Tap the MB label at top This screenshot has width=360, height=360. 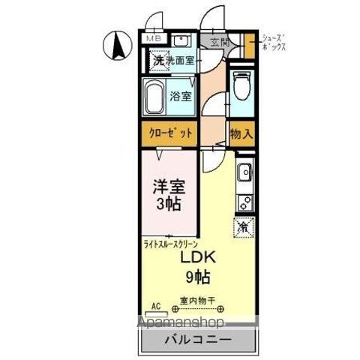[153, 38]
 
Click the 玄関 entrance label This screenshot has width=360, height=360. [219, 42]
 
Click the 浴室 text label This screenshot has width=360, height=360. [180, 96]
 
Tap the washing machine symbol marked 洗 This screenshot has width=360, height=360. [158, 61]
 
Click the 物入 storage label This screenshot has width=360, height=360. [241, 133]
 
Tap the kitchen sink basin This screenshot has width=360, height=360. [244, 175]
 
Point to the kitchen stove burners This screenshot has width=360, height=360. [244, 201]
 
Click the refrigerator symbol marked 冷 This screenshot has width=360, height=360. [243, 224]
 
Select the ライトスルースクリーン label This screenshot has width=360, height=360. [172, 244]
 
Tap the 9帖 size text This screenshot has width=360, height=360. [197, 277]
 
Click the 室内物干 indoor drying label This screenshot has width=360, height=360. [198, 301]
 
